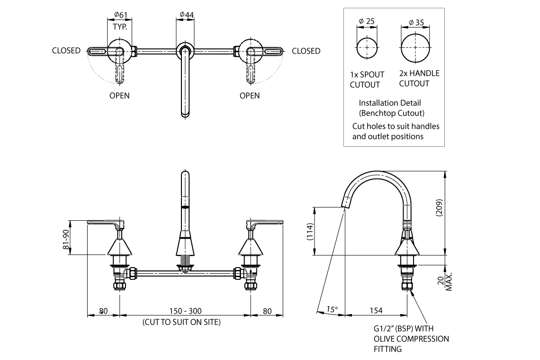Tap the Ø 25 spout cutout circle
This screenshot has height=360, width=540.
(367, 47)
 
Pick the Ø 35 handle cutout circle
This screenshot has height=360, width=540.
(415, 47)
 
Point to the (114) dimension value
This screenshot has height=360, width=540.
(310, 232)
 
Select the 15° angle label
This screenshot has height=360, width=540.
(332, 309)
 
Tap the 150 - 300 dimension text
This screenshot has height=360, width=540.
(185, 311)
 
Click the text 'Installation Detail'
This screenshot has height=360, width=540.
(389, 103)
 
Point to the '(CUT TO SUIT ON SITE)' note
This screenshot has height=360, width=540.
(181, 322)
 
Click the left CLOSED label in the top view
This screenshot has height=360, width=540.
(66, 51)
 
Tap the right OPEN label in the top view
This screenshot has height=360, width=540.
(250, 95)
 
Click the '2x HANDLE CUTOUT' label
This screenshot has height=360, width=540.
(419, 78)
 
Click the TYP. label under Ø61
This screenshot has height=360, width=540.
(120, 27)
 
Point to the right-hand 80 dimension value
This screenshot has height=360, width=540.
(267, 311)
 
